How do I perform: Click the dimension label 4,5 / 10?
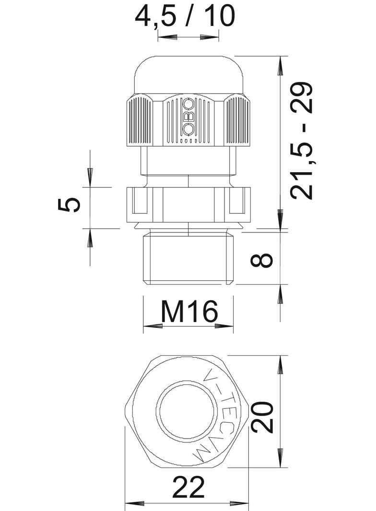click(x=185, y=16)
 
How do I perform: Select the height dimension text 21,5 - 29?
click(x=302, y=140)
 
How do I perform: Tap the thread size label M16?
click(x=189, y=312)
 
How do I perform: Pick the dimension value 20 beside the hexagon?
click(x=262, y=418)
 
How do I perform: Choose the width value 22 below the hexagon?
click(x=188, y=488)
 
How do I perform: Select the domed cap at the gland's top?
click(x=188, y=74)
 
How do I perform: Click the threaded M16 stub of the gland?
click(x=188, y=259)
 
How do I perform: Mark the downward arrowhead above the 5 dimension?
click(x=90, y=176)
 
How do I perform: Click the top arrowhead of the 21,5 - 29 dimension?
click(x=280, y=65)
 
